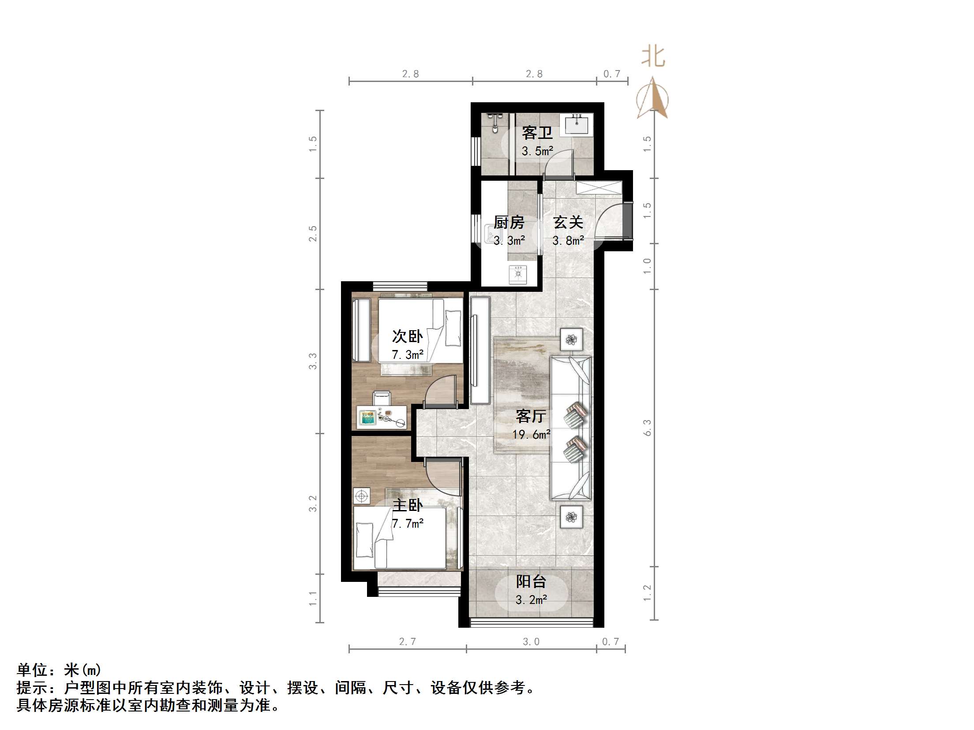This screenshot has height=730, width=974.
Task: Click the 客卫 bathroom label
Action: pos(537,133)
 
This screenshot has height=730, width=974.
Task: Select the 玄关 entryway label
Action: pos(568,223)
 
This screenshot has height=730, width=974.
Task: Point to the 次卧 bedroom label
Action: pos(407,337)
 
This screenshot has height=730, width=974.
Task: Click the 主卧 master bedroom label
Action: pos(407,505)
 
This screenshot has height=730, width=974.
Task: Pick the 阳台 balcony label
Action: pos(531,582)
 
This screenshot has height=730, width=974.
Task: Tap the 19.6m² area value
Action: pos(531,435)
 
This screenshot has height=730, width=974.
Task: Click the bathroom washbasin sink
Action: pos(576,124)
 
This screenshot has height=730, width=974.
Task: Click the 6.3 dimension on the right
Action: pos(647,428)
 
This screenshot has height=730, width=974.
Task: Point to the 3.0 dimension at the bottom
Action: pos(531,642)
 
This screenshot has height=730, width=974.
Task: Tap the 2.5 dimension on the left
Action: pos(313,234)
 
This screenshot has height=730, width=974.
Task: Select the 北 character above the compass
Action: pos(653,57)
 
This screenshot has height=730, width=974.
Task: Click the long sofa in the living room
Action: pos(570,428)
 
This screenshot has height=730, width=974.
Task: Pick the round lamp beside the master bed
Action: pos(362,496)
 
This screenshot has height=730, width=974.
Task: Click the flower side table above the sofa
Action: pos(571,339)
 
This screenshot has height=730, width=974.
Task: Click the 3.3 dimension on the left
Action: pos(313,361)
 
